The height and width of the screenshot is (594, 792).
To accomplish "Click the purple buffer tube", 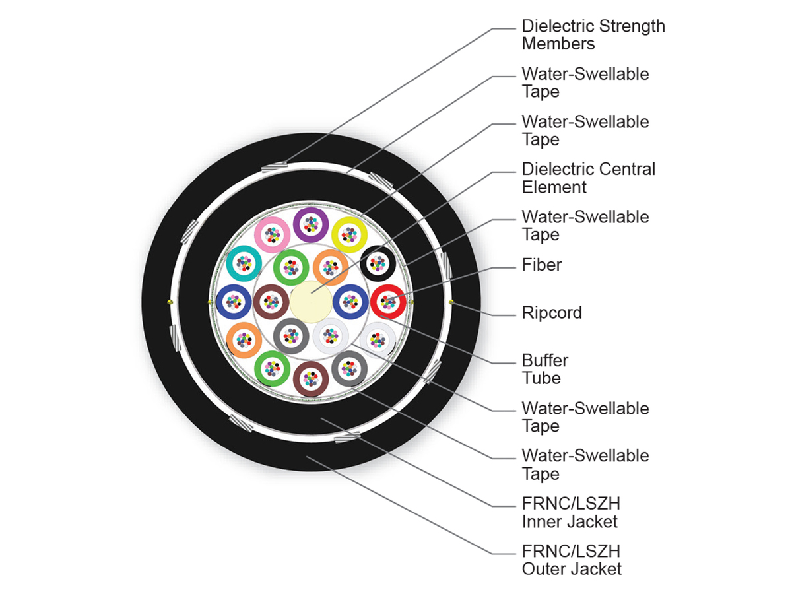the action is coord(311,224).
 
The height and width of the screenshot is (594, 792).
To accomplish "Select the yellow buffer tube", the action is coord(349,235).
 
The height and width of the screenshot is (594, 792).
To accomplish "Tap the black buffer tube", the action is coord(378,263).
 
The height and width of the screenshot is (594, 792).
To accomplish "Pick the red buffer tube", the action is coord(388,302).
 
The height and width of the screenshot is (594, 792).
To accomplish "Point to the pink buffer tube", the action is coord(272,235).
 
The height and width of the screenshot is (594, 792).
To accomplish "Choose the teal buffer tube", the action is coord(244,263).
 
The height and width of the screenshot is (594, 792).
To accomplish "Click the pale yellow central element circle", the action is coord(311,302).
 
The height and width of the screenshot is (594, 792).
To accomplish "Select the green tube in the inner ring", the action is coord(291,267).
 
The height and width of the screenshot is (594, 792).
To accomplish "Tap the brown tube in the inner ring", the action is coord(271,302).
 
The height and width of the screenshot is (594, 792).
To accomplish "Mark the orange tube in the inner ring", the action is coord(331,267).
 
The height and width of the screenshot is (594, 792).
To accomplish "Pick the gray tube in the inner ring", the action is coord(291,336).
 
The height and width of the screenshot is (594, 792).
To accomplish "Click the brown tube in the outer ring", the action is coord(311,379).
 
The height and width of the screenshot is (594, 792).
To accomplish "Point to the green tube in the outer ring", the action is coord(272,368).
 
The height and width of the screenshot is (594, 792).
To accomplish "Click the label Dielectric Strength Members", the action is coord(593,34).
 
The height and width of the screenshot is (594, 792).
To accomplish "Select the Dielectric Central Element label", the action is coord(589,178).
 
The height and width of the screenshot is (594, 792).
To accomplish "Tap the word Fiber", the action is coord(542,265).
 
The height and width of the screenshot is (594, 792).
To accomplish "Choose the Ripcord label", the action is coord(552,313).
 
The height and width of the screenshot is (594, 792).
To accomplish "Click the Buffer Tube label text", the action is coord(545,370).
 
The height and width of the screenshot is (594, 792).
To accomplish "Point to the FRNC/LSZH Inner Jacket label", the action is coord(571,512).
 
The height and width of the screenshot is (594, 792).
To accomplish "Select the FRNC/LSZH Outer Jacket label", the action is coord(572,560).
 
